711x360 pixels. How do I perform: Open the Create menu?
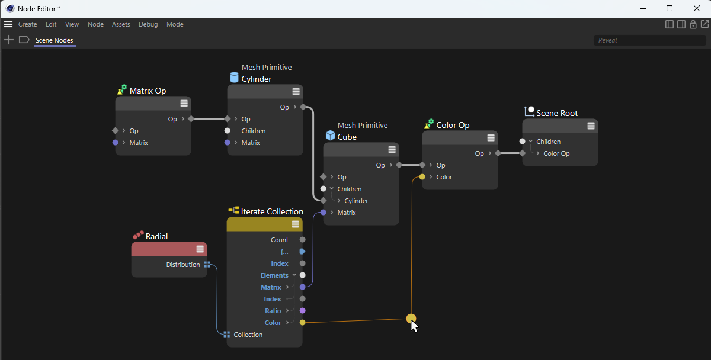tap(28, 24)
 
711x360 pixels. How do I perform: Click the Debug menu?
tap(148, 24)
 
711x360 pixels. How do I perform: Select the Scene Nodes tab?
tap(55, 40)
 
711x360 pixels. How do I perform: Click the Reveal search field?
tap(649, 40)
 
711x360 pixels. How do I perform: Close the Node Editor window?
tap(696, 8)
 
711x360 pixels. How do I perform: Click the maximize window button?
tap(670, 8)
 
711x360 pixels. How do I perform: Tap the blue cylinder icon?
tap(234, 77)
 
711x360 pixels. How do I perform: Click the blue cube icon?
tap(330, 136)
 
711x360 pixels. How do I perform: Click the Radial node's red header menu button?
tap(200, 249)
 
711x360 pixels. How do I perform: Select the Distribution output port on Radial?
tap(207, 265)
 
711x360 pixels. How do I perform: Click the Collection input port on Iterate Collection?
tap(226, 335)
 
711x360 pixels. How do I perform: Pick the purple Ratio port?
tap(303, 311)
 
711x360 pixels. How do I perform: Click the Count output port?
tap(303, 240)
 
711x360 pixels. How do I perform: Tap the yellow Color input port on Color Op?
tap(422, 177)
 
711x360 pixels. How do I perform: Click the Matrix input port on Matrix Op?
tap(115, 143)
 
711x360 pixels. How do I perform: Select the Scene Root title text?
tap(557, 113)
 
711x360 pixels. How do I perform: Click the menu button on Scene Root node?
tap(591, 126)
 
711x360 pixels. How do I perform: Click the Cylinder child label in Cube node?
tap(356, 201)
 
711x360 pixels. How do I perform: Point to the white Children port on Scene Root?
tap(522, 142)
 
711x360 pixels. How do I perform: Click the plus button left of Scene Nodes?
tap(9, 40)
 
